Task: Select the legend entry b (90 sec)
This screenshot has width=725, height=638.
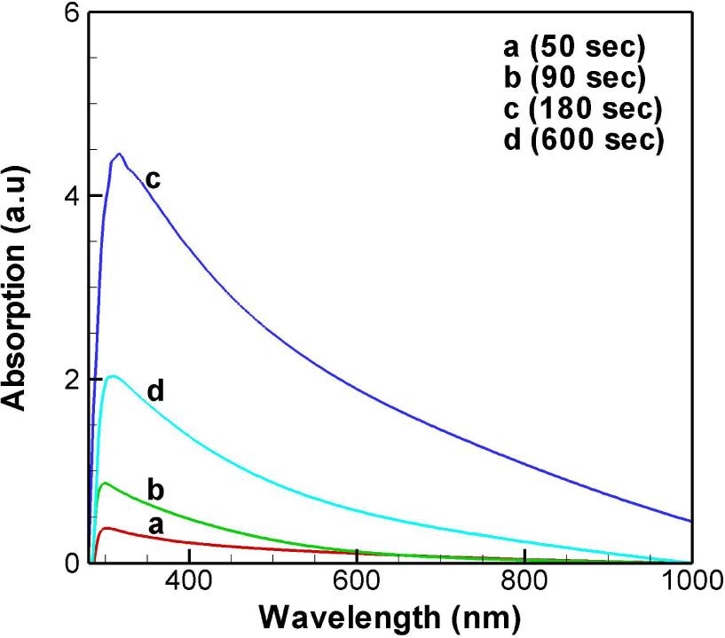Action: click(x=572, y=78)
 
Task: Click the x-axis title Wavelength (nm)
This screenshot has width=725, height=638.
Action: click(x=391, y=618)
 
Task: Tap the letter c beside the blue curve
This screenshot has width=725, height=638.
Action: click(x=153, y=180)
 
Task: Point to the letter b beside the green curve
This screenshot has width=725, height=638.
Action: click(x=156, y=490)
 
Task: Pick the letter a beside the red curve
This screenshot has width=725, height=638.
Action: click(x=156, y=524)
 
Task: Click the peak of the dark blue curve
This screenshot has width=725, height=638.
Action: click(x=119, y=154)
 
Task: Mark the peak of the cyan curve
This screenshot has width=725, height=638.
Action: click(x=111, y=376)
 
